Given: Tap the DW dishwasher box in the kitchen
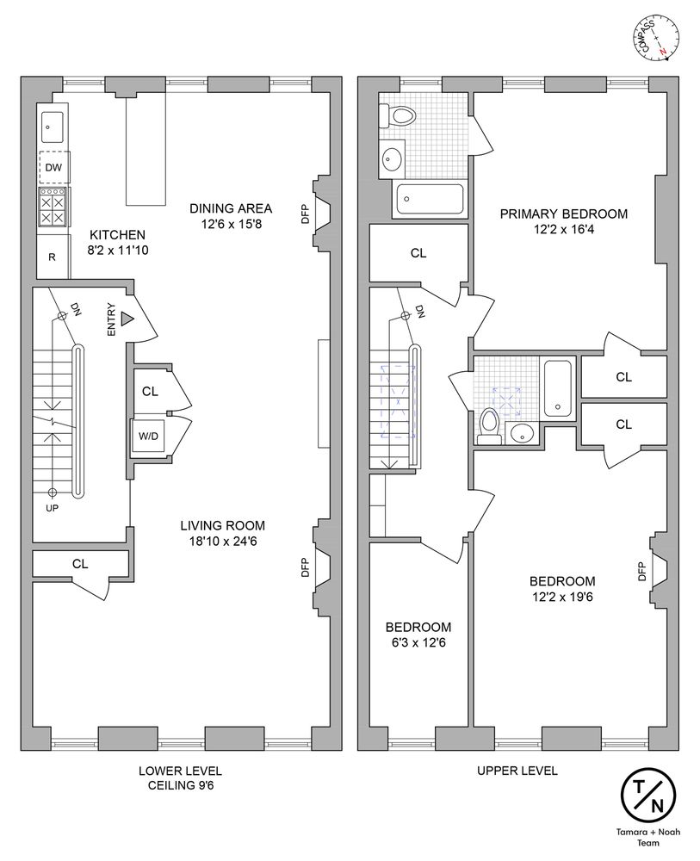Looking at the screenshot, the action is (x=53, y=167).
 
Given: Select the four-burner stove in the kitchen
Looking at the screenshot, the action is (x=53, y=207).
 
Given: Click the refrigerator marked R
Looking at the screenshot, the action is (x=53, y=257).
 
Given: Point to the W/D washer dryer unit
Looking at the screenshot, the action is (x=148, y=436).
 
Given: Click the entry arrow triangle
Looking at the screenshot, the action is (x=127, y=318).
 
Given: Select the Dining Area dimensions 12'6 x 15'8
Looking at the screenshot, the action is (x=231, y=224).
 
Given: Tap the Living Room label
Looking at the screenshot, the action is (x=222, y=525).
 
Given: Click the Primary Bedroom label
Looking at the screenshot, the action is (x=564, y=214).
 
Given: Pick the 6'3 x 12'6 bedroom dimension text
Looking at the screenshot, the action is (x=418, y=642).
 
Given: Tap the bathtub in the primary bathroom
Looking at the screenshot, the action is (x=430, y=200).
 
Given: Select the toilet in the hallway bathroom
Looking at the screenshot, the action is (x=489, y=427).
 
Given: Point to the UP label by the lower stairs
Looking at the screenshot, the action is (x=53, y=509).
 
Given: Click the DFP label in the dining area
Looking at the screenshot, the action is (x=306, y=214).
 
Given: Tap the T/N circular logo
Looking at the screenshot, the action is (x=647, y=795).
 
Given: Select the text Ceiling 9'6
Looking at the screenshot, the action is (x=181, y=785).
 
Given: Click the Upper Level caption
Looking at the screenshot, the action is (x=517, y=771).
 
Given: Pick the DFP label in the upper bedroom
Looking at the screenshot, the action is (x=641, y=571).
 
